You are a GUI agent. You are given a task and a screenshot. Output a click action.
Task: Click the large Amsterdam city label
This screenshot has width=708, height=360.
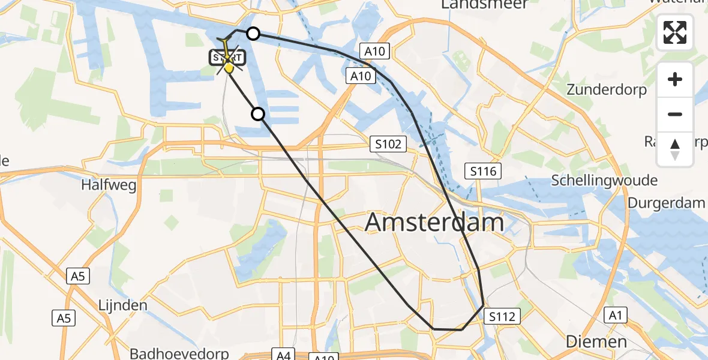(434, 223)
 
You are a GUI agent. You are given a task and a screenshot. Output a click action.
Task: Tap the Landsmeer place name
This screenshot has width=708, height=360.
(485, 4)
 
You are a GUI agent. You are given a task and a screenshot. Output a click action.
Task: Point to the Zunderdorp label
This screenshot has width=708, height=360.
(607, 91)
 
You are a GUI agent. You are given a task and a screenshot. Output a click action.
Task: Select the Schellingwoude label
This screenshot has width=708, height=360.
(604, 181)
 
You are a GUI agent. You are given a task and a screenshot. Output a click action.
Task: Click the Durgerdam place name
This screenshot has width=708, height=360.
(666, 203)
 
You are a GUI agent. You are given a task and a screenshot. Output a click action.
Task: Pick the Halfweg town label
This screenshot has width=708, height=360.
(109, 185)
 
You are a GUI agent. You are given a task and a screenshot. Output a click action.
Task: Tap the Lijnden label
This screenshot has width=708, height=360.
(122, 305)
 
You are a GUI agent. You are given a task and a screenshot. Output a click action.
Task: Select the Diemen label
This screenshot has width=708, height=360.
(598, 342)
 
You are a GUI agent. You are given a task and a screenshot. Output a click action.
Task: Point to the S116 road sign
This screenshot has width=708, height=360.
(484, 172)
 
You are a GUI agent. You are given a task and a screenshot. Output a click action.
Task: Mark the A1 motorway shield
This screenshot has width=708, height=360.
(619, 315)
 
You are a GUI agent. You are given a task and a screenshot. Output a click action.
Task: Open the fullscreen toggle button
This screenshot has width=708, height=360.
(675, 32)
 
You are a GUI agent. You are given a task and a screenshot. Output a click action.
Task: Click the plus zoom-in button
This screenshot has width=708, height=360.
(675, 80)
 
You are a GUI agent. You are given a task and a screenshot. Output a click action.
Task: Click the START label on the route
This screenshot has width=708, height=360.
(227, 58)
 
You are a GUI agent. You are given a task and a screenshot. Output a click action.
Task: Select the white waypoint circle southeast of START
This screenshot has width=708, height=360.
(257, 113)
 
